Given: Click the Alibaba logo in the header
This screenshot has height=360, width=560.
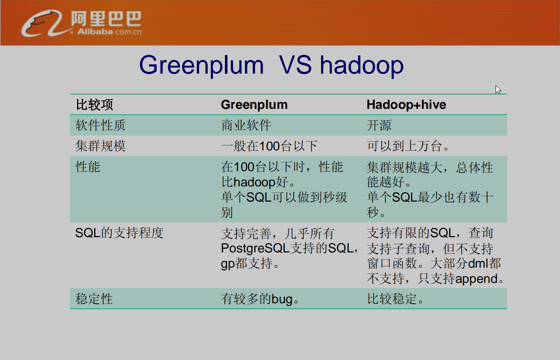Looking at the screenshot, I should click(81, 24).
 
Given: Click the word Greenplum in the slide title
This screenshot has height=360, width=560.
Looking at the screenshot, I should click(201, 65).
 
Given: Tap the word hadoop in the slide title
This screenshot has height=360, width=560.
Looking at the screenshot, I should click(361, 65).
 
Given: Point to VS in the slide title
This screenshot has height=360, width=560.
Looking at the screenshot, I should click(295, 65).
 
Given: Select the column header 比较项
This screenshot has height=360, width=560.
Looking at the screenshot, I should click(94, 105).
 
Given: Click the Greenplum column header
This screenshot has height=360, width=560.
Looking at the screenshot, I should click(254, 105).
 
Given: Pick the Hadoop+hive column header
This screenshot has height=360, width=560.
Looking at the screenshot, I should click(406, 105).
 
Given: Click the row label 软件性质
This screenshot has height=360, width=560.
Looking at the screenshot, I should click(100, 125).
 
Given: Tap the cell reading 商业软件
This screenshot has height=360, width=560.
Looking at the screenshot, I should click(246, 125).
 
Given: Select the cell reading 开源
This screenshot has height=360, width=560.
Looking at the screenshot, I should click(379, 125).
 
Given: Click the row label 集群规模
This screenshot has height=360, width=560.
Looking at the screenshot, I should click(100, 146).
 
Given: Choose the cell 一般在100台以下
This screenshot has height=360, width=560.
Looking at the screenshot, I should click(269, 146).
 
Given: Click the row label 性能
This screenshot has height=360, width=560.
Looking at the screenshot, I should click(88, 167).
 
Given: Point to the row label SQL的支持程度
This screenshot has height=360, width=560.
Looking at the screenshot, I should click(119, 233).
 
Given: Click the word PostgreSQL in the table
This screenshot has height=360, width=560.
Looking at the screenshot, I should click(255, 248).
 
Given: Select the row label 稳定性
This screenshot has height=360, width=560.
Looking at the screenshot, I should click(94, 299).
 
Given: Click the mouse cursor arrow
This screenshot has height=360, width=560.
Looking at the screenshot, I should click(498, 89).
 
